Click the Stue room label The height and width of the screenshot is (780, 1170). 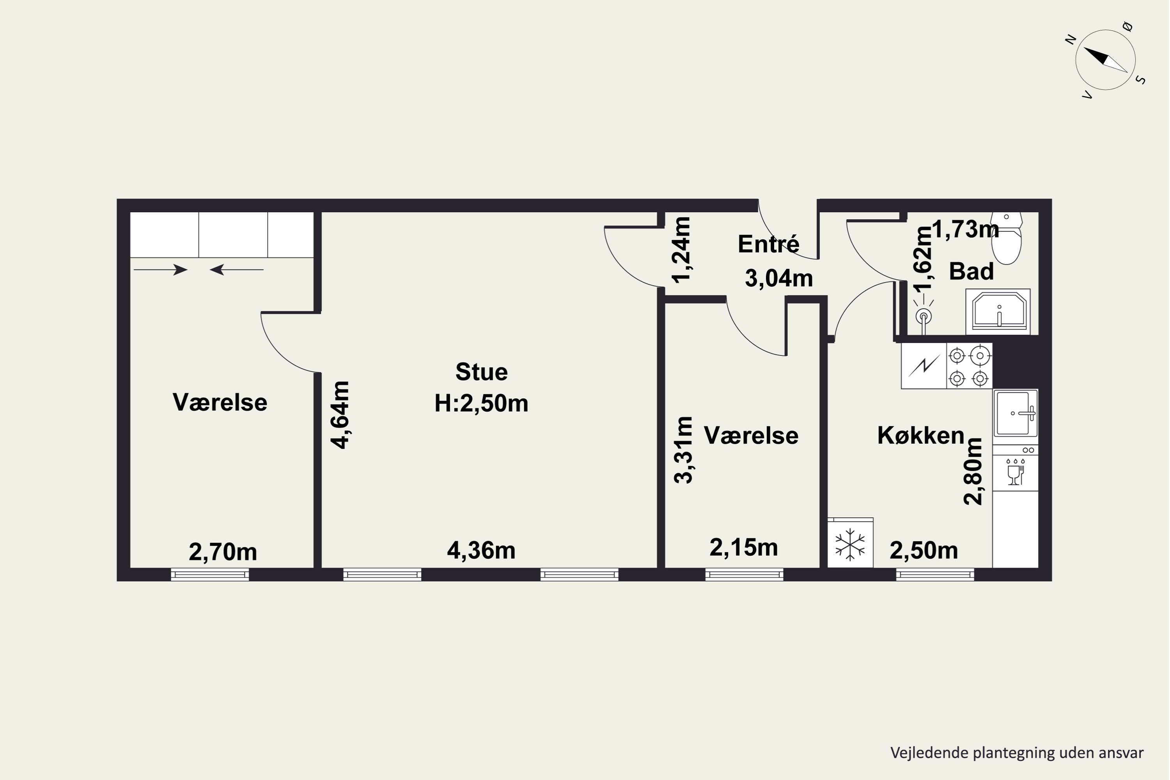[x=482, y=372]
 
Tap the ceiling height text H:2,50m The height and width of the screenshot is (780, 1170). [x=482, y=403]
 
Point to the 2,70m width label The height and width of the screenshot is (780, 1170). [x=223, y=552]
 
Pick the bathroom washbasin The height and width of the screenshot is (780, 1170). [x=998, y=311]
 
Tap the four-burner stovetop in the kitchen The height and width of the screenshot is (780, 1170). [x=969, y=366]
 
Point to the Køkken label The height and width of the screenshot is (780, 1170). [x=921, y=436]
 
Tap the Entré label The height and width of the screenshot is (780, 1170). [x=769, y=244]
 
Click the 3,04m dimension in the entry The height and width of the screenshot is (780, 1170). [x=779, y=278]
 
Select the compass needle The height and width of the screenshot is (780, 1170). [x=1105, y=60]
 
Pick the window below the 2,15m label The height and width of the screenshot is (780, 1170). [x=744, y=575]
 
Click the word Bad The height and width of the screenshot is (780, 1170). [x=971, y=271]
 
